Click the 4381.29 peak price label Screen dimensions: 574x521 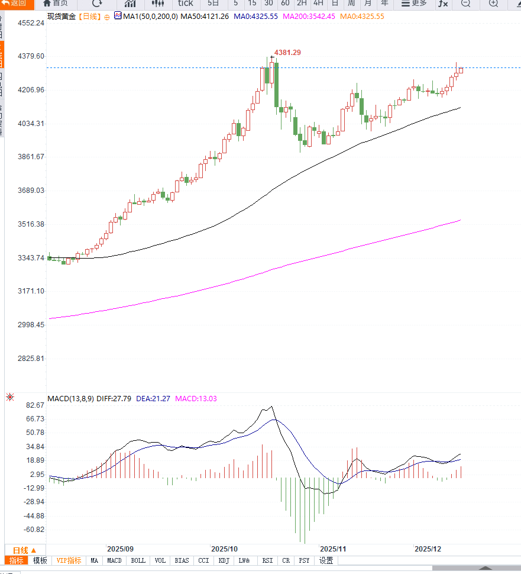[287, 53]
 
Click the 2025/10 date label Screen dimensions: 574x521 [224, 549]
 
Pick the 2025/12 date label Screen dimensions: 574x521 [428, 549]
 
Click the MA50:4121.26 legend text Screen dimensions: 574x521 [205, 16]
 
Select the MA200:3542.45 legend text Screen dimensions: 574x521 [309, 16]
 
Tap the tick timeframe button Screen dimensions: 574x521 [185, 4]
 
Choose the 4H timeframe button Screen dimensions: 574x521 [318, 4]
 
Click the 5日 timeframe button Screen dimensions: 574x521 [213, 4]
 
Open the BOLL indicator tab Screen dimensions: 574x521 [138, 560]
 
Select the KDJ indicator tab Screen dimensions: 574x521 [224, 560]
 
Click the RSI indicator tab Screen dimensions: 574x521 [267, 560]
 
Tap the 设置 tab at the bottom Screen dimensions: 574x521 [326, 560]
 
